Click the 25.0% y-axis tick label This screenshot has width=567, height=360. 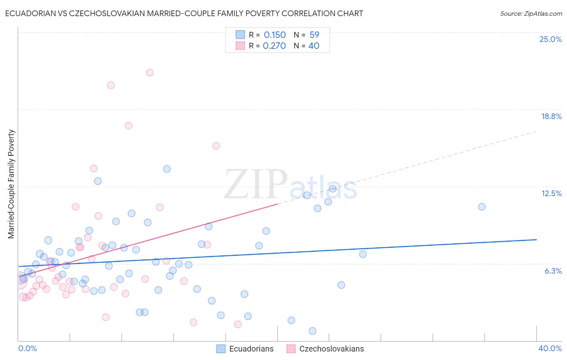(550, 39)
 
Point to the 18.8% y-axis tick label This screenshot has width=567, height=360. (551, 116)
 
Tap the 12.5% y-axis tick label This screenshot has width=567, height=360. (551, 193)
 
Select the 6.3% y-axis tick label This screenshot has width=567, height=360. (553, 271)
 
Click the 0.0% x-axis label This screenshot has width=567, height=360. (27, 348)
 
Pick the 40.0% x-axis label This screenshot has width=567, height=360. (550, 348)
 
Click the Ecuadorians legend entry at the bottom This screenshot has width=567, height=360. (245, 349)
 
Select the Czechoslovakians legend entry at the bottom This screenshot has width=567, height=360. (325, 349)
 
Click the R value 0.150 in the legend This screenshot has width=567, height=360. (275, 35)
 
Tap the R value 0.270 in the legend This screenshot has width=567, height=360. (274, 46)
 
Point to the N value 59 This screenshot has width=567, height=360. (314, 35)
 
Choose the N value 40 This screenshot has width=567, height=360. (314, 46)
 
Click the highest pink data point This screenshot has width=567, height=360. (150, 73)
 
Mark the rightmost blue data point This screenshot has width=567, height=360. (482, 207)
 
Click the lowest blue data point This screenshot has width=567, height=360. (313, 331)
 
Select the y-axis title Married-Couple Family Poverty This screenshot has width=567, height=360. (11, 184)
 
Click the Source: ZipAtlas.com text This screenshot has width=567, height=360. (531, 14)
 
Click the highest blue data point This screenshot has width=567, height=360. (167, 169)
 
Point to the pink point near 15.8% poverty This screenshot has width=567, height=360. (216, 146)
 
